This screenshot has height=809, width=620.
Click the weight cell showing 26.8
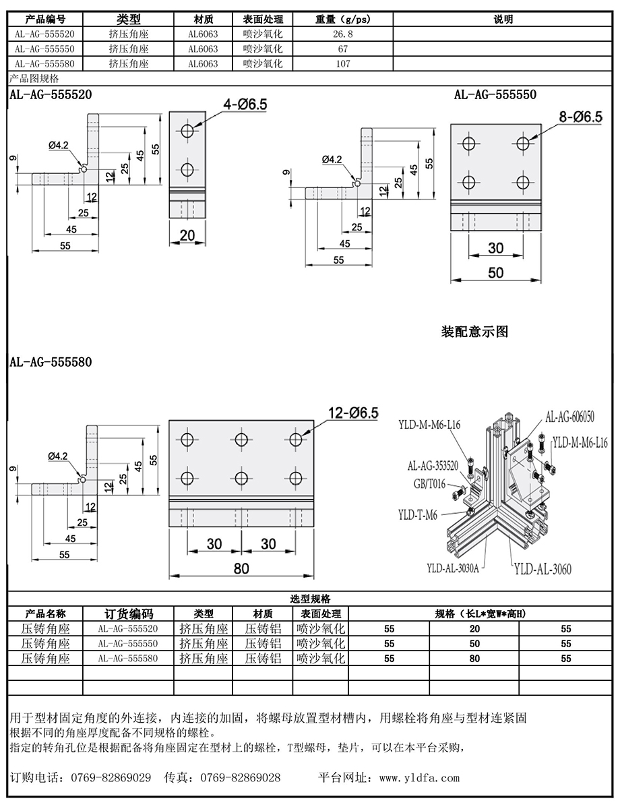tap(343, 34)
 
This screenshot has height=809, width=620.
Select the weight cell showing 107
tap(343, 63)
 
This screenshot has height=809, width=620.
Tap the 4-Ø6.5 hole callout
tap(245, 104)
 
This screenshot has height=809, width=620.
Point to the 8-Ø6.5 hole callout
tap(580, 117)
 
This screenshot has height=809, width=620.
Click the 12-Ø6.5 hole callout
tap(353, 413)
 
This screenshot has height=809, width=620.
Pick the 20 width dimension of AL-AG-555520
tap(187, 235)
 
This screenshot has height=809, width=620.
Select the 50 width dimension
tap(496, 272)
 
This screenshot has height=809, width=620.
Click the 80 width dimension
tap(241, 568)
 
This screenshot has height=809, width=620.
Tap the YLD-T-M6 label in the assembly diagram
tap(418, 515)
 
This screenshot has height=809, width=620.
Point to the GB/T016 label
tap(429, 484)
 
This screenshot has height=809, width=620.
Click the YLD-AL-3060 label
tap(542, 569)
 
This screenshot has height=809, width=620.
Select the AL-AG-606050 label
tap(569, 417)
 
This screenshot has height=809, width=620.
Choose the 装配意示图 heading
tap(474, 331)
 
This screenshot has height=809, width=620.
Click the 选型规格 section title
tap(310, 599)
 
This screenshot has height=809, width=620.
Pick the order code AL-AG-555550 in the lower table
tap(128, 643)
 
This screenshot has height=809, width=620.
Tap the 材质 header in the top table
tap(204, 19)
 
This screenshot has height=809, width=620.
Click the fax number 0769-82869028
tap(240, 778)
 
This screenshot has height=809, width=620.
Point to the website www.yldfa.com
tap(419, 778)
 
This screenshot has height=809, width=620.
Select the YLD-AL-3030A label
tap(453, 568)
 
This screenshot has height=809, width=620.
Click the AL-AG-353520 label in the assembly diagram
tap(433, 465)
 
